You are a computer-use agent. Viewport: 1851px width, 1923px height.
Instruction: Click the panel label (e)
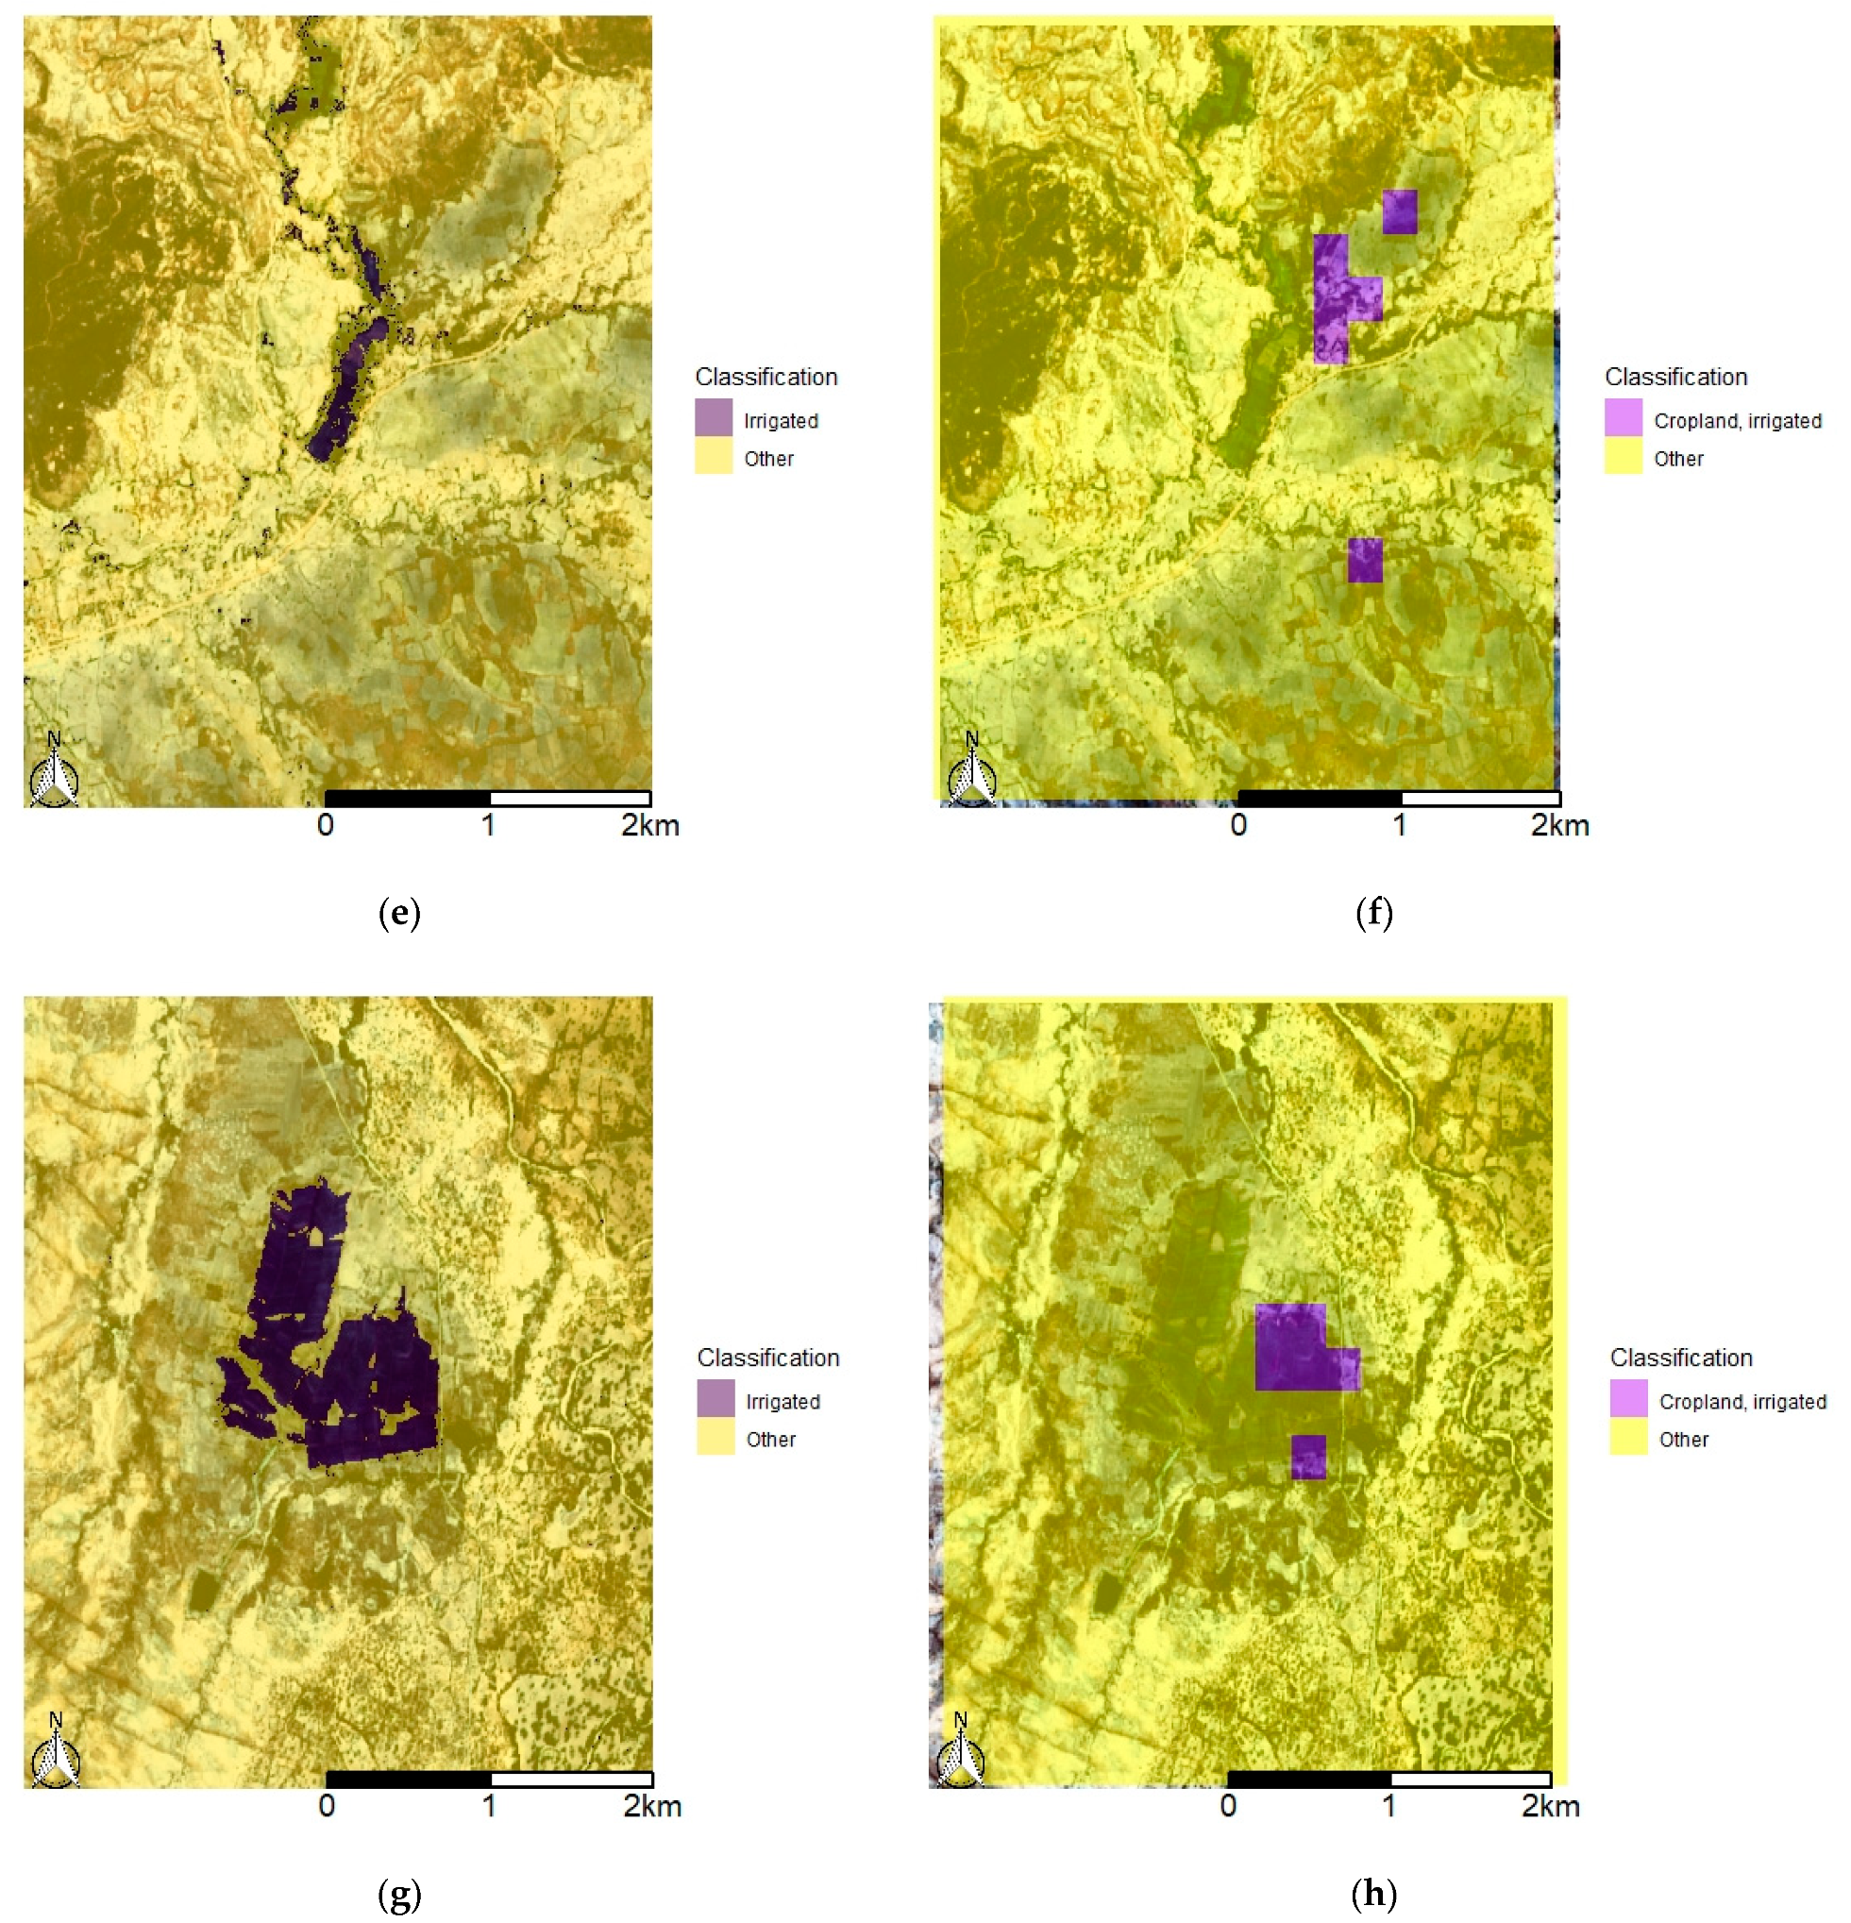coord(399,914)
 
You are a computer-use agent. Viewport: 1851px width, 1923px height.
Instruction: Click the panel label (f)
coord(1373,914)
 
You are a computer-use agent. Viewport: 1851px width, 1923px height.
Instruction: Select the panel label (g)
coord(399,1894)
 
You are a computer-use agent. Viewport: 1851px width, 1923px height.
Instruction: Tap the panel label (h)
coord(1373,1894)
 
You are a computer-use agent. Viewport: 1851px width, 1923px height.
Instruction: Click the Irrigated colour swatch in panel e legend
coord(714,417)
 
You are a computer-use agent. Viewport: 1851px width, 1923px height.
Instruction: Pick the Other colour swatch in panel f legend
coord(1624,456)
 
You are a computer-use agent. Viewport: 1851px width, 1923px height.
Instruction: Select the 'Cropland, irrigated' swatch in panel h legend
coord(1628,1398)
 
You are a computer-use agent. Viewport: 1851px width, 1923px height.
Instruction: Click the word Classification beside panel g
coord(768,1358)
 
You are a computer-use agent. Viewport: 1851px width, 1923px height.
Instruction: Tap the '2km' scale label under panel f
coord(1559,826)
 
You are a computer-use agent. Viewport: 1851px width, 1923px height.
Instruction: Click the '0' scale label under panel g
coord(327,1806)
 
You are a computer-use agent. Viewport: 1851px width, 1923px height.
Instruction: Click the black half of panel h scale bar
coord(1308,1780)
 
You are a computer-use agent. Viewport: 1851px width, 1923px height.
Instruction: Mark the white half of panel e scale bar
coord(570,799)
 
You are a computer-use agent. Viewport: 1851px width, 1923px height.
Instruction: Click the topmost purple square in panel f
coord(1400,211)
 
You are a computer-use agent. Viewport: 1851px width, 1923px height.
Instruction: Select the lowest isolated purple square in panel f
coord(1365,560)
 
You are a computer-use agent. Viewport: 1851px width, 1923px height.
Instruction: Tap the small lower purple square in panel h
coord(1308,1457)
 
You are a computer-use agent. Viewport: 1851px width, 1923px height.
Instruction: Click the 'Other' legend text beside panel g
coord(771,1440)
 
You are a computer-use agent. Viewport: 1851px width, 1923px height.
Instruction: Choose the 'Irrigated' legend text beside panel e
coord(781,421)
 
